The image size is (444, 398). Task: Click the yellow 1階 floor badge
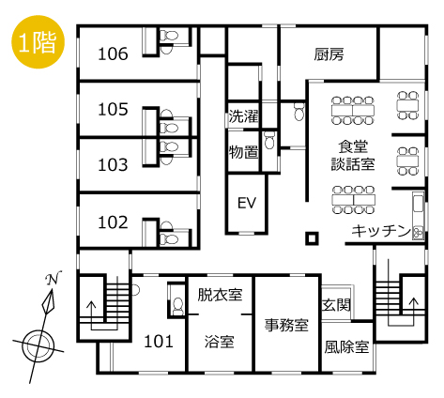38,42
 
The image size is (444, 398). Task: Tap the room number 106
113,54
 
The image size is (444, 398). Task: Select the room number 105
113,110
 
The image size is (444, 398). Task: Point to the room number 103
113,165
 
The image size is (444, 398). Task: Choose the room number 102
113,222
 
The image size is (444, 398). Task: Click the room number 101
159,342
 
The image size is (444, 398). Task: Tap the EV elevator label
247,203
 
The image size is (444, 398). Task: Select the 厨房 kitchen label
329,54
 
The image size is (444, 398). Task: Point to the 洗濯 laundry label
244,116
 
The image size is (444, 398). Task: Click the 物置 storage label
244,152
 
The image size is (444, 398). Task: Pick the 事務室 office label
286,325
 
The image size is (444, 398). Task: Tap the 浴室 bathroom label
220,342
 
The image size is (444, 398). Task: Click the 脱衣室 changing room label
220,295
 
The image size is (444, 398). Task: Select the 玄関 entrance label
336,305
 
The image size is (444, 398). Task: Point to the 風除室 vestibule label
346,347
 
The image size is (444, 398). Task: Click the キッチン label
381,231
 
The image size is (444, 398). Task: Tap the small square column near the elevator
312,238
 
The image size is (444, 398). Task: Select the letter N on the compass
53,278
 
